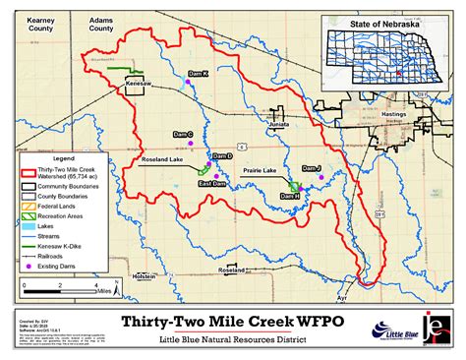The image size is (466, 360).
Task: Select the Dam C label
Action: (x=184, y=134)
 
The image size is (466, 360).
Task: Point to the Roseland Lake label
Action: (x=162, y=156)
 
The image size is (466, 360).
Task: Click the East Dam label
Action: (x=212, y=184)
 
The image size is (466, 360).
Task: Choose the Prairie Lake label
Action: (x=260, y=171)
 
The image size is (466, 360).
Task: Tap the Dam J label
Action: (x=312, y=167)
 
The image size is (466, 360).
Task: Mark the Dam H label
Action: (x=290, y=197)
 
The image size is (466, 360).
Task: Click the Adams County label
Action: (x=100, y=24)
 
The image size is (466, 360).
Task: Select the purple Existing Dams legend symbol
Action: (x=29, y=267)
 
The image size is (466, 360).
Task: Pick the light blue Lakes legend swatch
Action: (x=29, y=227)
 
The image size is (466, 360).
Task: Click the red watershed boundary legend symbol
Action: (x=29, y=172)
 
